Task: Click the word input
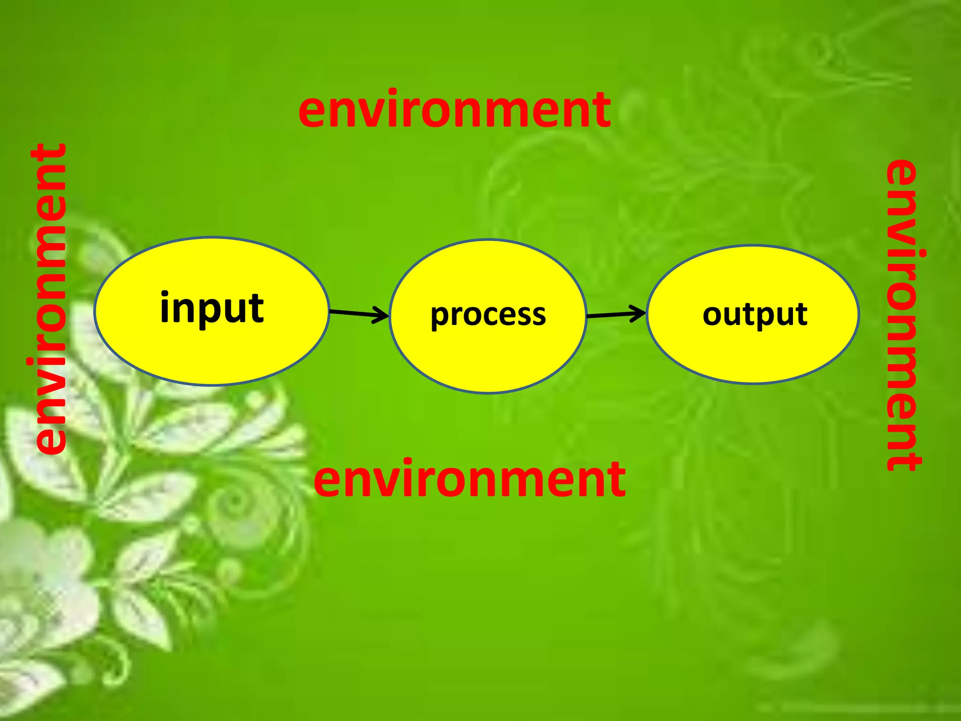[x=212, y=308]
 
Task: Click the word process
[x=488, y=314]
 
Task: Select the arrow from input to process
[x=358, y=313]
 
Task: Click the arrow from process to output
[x=616, y=314]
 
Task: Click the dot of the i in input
[x=165, y=295]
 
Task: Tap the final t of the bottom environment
[x=617, y=479]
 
